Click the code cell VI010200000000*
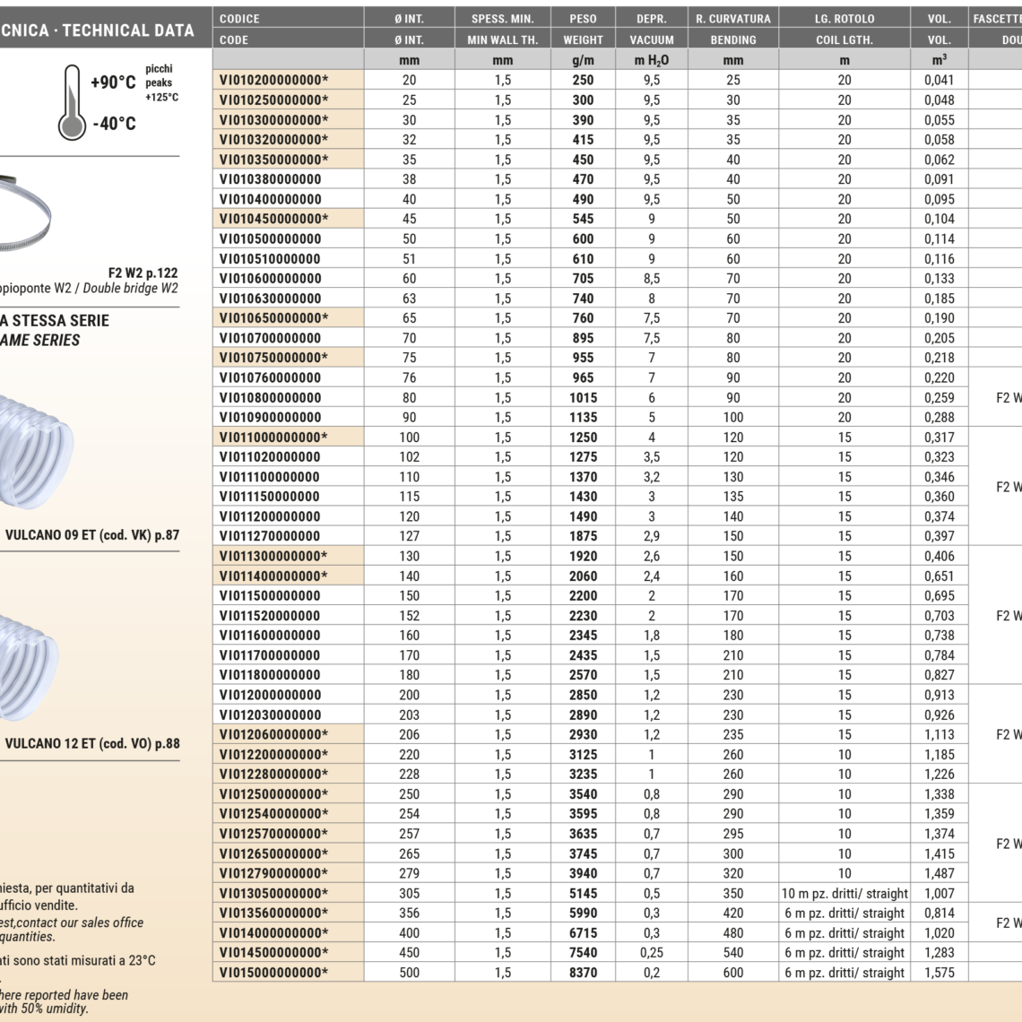point(273,80)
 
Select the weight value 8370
point(583,973)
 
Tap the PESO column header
point(583,19)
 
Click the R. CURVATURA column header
point(732,19)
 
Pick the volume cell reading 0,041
point(939,80)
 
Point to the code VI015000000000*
point(273,973)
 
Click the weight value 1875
point(583,536)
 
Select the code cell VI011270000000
point(270,536)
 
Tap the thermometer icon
point(72,103)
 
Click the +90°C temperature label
point(113,82)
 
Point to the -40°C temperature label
point(114,124)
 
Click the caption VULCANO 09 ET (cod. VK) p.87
point(92,535)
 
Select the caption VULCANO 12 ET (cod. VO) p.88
point(92,743)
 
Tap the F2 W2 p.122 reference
point(143,273)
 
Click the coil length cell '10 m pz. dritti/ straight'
point(844,894)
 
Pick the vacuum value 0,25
point(652,953)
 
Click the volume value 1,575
point(939,973)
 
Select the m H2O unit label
point(652,60)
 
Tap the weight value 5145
point(583,894)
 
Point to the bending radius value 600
point(732,973)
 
